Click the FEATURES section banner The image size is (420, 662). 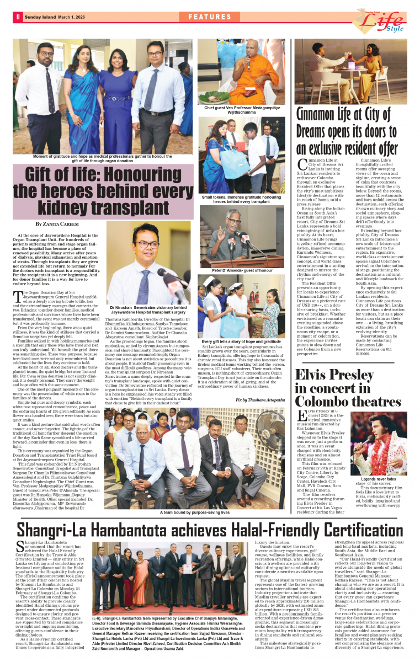[210, 17]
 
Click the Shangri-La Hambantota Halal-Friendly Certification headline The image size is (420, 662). [210, 529]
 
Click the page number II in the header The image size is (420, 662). [18, 17]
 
